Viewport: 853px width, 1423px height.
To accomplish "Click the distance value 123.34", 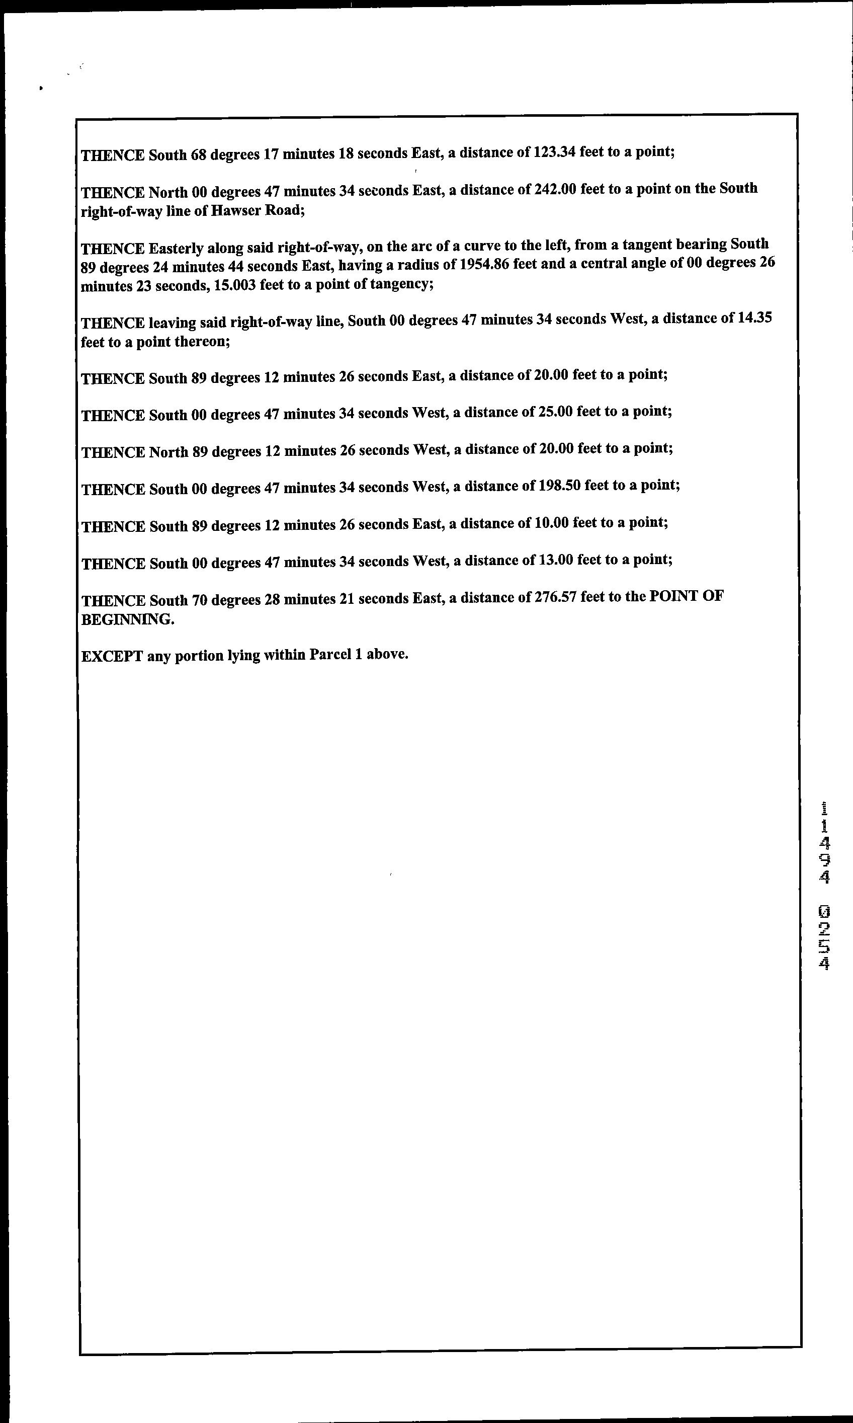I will point(554,152).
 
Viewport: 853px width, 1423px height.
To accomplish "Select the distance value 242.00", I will point(555,189).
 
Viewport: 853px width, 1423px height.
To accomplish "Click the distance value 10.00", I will point(548,523).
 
